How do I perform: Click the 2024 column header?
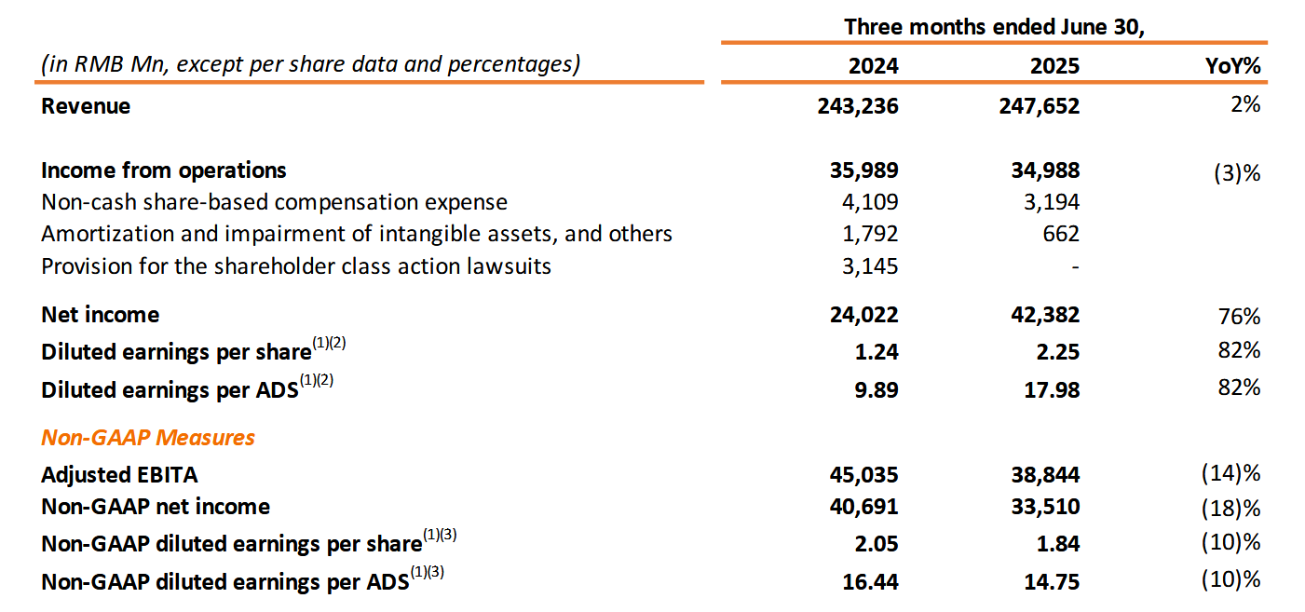[873, 66]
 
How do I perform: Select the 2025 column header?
[1054, 66]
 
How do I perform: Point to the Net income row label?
[100, 315]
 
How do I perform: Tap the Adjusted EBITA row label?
[119, 475]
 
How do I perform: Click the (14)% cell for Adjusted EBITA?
[1230, 473]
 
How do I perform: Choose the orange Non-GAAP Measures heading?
[148, 438]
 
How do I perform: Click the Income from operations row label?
[164, 170]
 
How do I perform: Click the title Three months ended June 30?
[994, 26]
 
